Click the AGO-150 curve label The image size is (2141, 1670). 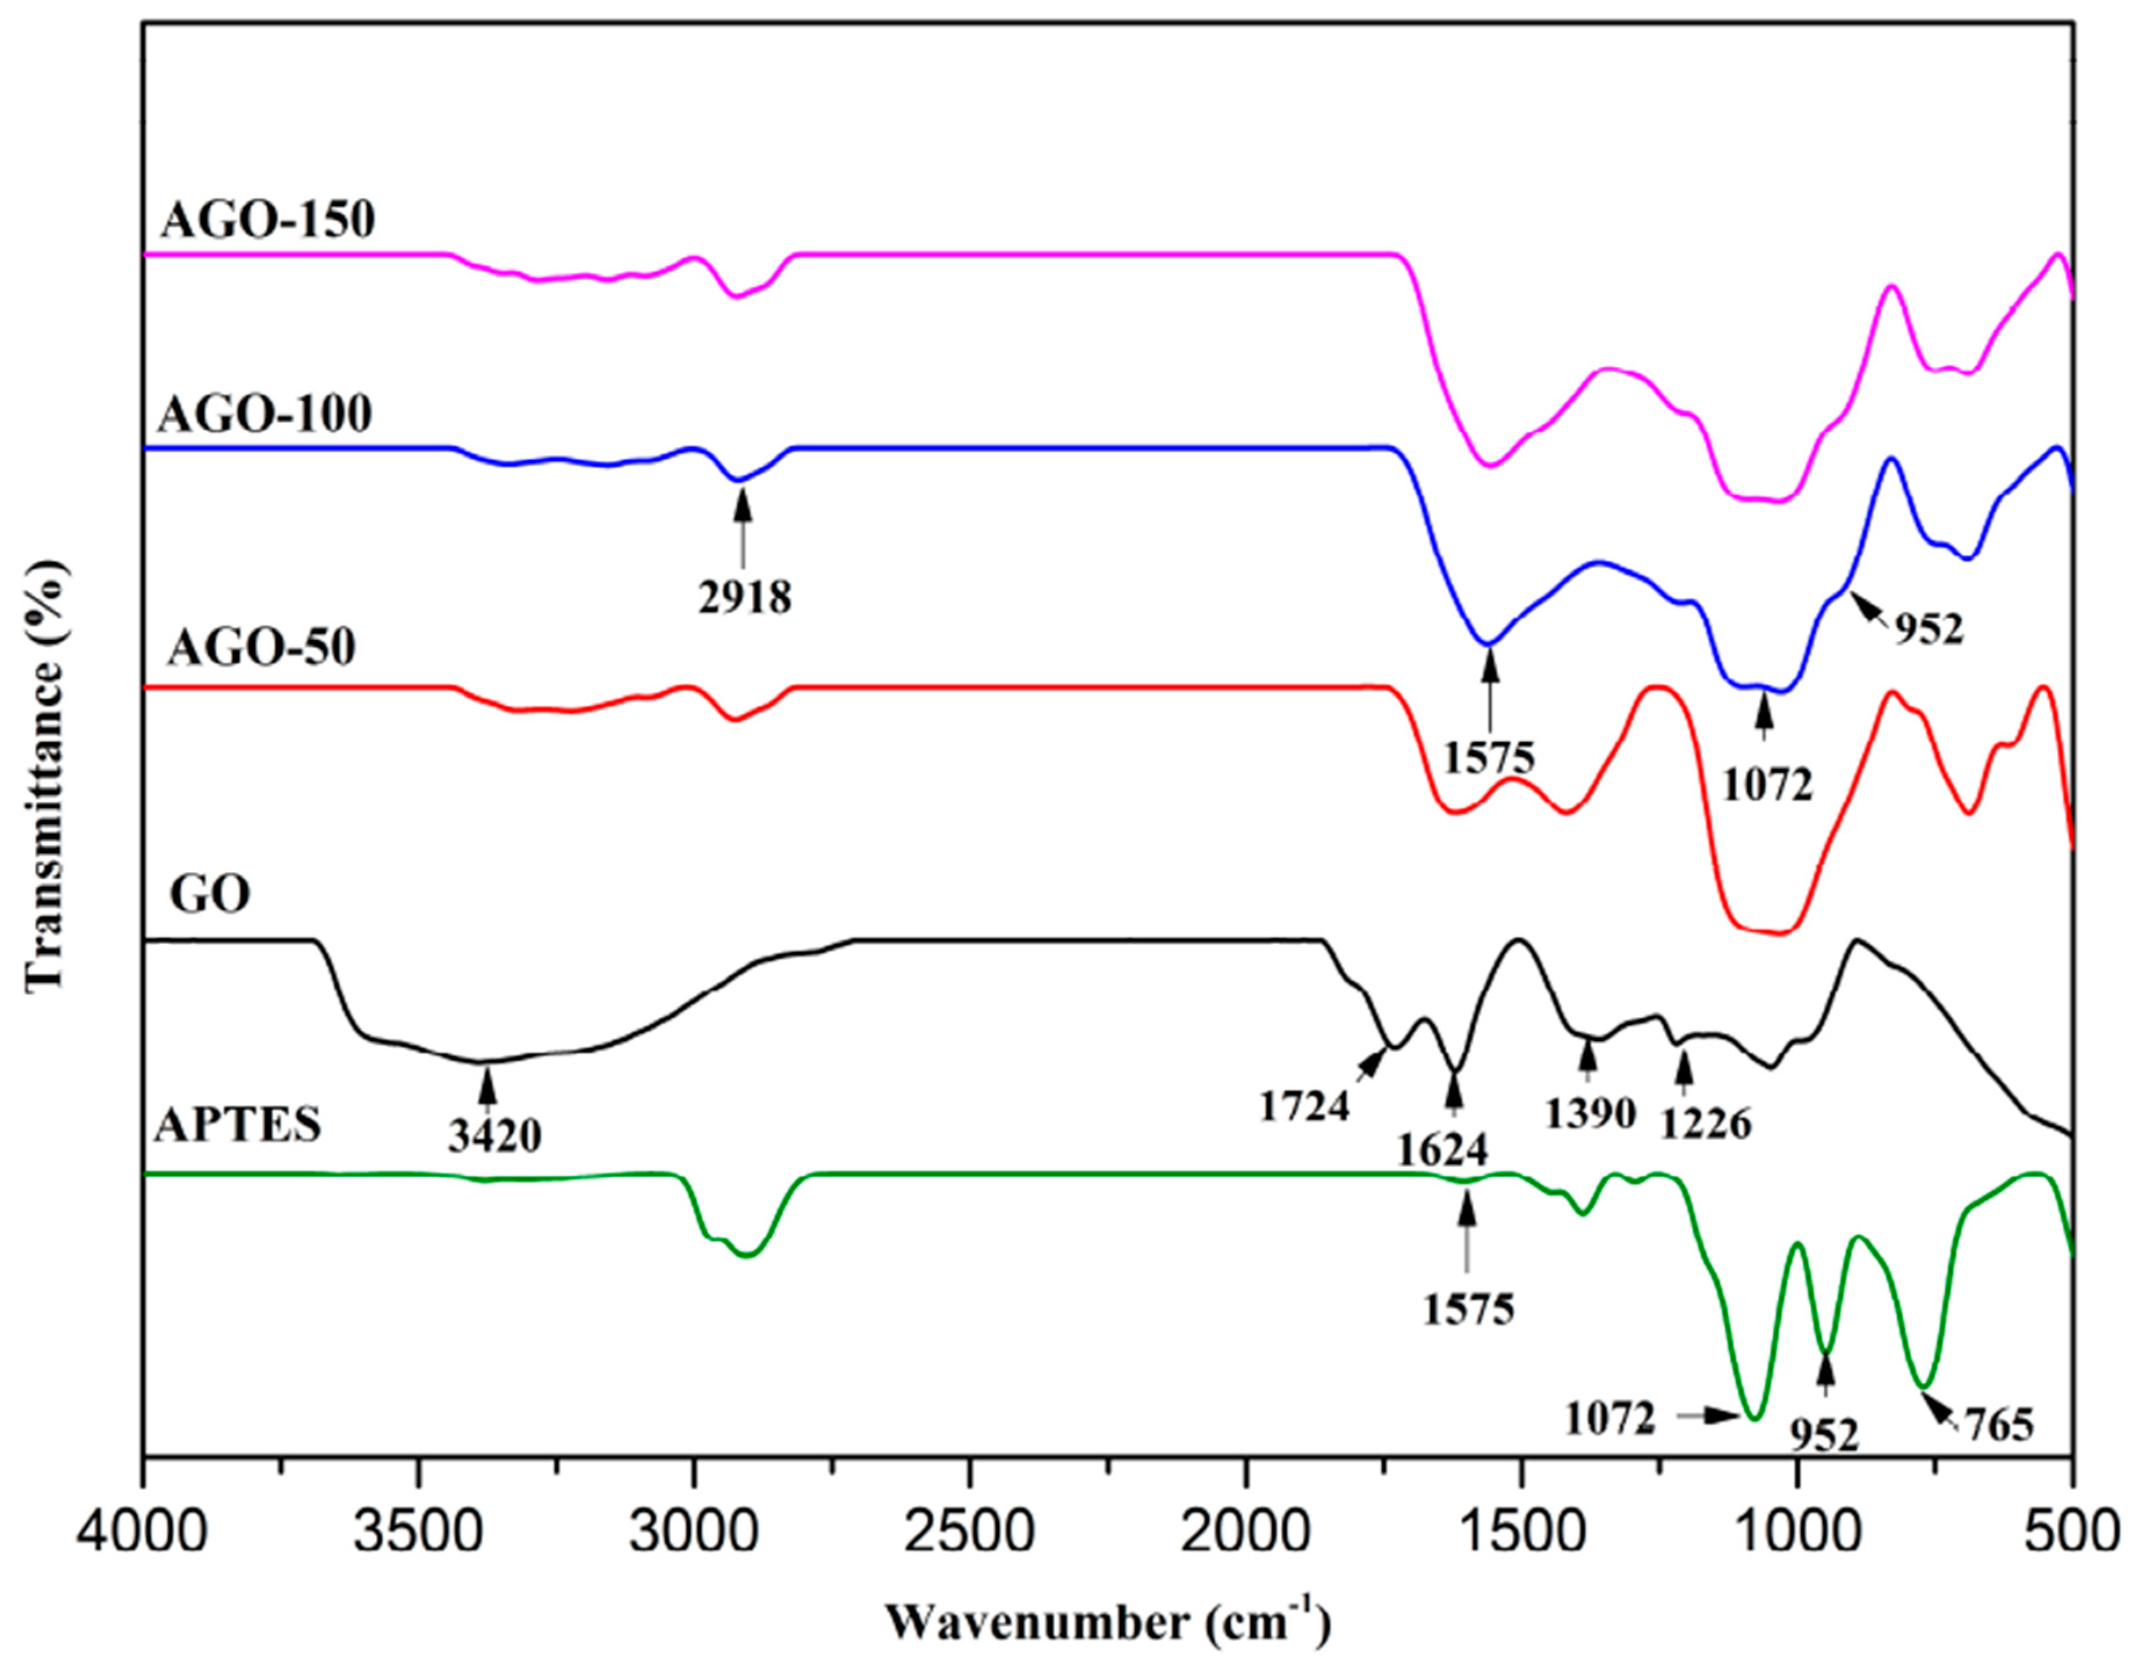[x=267, y=220]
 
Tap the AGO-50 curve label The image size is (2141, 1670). [x=262, y=648]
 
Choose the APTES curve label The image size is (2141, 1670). [x=238, y=1126]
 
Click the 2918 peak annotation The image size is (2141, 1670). [x=745, y=597]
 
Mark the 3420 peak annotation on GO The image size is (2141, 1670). [x=495, y=1135]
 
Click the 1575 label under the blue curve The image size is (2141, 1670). [x=1489, y=756]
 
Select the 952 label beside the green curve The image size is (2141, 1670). [x=1825, y=1435]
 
